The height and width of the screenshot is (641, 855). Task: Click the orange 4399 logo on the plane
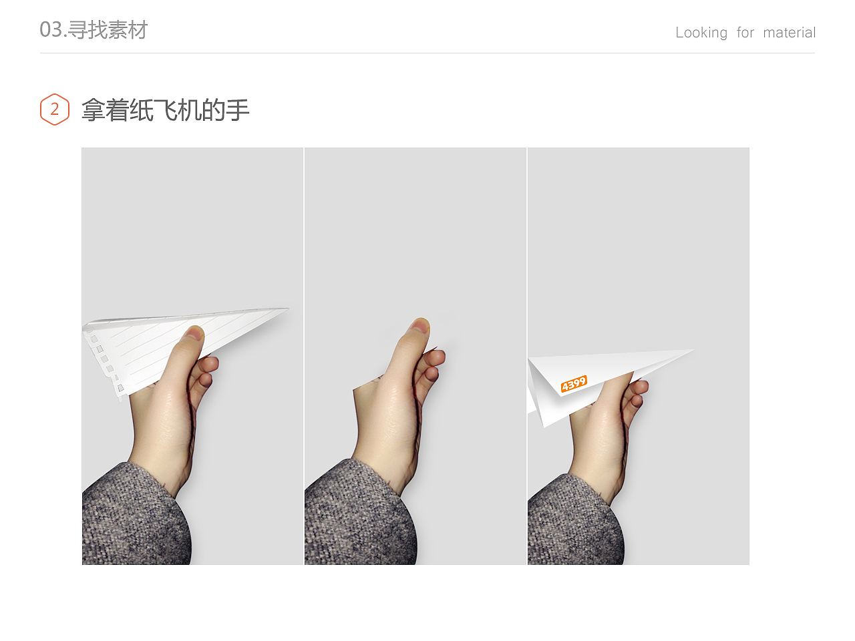pyautogui.click(x=574, y=384)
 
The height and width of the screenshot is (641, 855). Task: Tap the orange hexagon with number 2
pyautogui.click(x=55, y=110)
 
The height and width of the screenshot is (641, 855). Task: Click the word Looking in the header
pyautogui.click(x=701, y=33)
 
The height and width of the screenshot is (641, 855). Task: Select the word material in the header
pyautogui.click(x=789, y=33)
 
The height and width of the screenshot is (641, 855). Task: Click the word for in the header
pyautogui.click(x=745, y=33)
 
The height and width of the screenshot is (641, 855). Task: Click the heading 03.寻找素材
pyautogui.click(x=94, y=30)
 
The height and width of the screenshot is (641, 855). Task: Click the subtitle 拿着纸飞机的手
pyautogui.click(x=165, y=110)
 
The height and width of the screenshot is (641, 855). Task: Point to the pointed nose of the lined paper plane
pyautogui.click(x=287, y=308)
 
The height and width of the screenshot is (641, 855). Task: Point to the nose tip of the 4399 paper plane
pyautogui.click(x=692, y=350)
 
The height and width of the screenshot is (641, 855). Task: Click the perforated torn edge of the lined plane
pyautogui.click(x=104, y=361)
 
